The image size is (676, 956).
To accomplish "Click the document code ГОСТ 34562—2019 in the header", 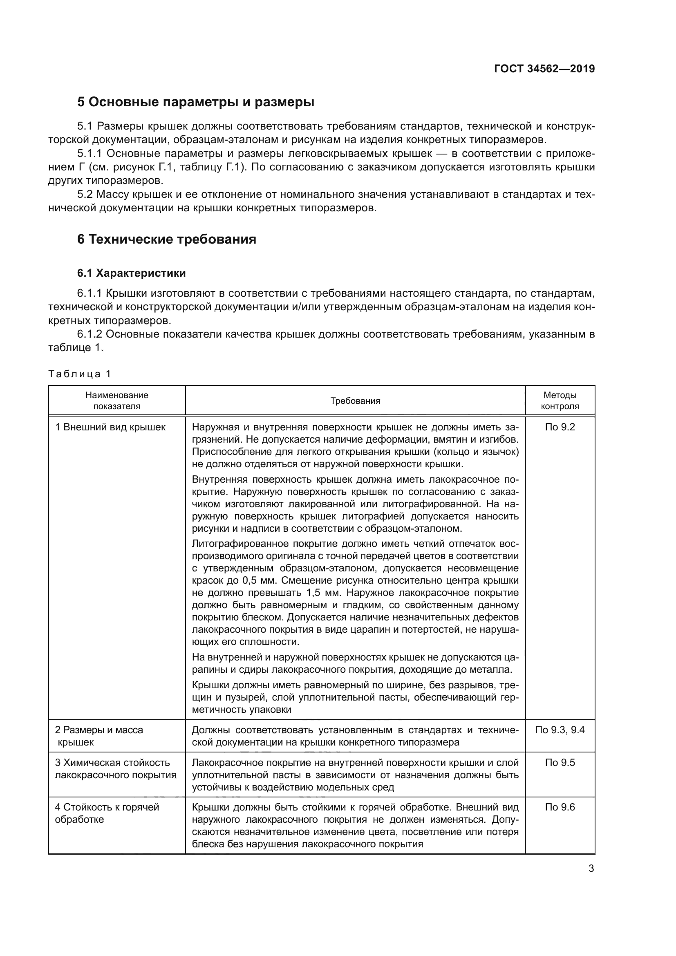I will click(544, 69).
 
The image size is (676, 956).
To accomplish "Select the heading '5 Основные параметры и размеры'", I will click(195, 102).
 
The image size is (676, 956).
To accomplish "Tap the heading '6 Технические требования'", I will click(166, 240).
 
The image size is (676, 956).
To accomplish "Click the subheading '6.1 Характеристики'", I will click(131, 273).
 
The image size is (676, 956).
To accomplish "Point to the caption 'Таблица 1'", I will click(80, 374).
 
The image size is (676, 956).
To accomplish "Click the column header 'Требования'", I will click(355, 401).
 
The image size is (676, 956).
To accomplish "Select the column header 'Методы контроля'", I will click(560, 401).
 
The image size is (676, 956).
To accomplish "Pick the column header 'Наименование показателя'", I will click(116, 401).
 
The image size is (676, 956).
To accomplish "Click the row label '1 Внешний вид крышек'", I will click(110, 427).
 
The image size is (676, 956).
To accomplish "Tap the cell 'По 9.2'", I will click(560, 427).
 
